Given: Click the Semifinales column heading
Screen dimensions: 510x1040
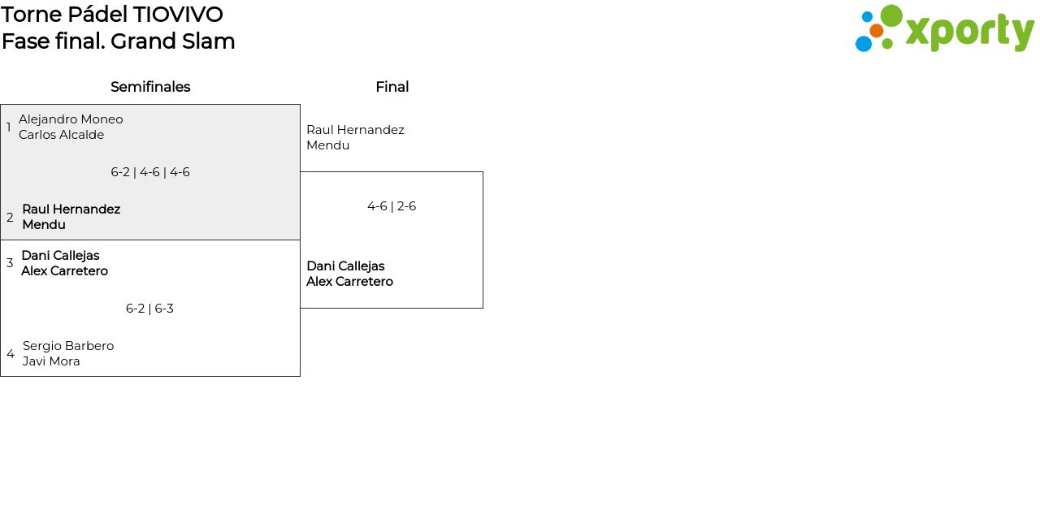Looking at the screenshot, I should point(150,87).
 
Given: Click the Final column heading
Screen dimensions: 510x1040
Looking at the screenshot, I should point(392,87).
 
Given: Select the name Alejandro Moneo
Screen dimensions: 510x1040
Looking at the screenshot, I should point(71,119).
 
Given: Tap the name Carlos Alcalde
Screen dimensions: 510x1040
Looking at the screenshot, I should point(61,135).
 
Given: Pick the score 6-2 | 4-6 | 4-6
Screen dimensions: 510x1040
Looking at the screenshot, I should point(150,172).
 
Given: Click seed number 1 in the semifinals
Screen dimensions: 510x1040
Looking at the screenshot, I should point(9,127).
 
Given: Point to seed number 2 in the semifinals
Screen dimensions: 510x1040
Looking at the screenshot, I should point(10,218).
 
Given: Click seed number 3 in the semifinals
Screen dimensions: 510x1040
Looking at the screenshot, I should point(10,263).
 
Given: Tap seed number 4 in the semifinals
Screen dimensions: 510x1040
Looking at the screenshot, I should point(11,354).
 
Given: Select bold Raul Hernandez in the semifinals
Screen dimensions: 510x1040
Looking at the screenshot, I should point(71,210).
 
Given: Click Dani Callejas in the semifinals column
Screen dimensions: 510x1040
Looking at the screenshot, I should point(60,256).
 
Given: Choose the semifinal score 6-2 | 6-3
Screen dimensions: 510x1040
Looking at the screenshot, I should point(149,309).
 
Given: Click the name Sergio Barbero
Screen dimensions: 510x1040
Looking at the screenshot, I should point(68,346).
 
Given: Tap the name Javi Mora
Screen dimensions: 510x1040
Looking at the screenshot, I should point(51,361).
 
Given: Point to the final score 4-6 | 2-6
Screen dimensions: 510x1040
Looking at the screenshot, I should point(392,206).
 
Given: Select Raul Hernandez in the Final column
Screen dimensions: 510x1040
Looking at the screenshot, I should point(355,130).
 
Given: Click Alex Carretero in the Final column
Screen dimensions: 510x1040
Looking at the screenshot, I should point(349,282).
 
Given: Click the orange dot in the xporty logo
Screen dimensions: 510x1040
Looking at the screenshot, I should point(877,31).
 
